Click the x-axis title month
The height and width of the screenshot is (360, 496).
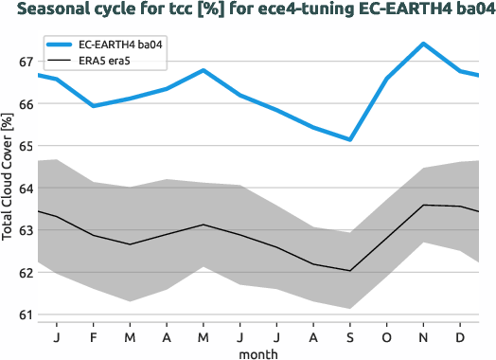(257, 352)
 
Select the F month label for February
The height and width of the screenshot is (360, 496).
(94, 336)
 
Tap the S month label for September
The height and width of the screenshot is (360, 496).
(350, 336)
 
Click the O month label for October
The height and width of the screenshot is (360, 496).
(386, 336)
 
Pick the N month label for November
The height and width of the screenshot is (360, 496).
(423, 336)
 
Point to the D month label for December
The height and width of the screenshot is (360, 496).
(460, 336)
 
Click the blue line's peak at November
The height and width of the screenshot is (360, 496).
(423, 44)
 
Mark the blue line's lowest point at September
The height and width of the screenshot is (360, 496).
(350, 139)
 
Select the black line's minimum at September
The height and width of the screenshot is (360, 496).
(350, 271)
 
